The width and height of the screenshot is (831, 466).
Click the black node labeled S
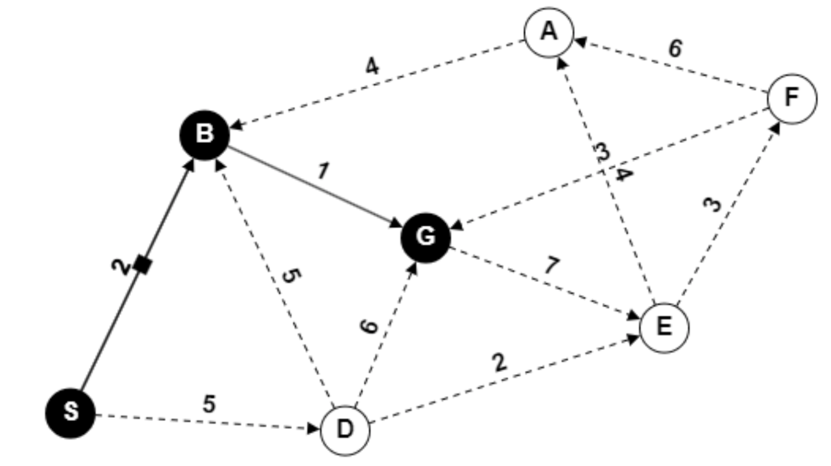click(70, 413)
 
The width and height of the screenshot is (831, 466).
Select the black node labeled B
click(205, 134)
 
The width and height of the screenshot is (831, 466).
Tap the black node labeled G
click(426, 238)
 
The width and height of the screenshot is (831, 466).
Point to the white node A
click(549, 33)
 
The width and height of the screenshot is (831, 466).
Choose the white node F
click(792, 99)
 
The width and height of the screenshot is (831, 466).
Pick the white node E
click(664, 327)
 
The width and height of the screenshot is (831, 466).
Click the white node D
click(345, 430)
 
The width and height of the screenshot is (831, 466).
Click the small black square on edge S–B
click(144, 265)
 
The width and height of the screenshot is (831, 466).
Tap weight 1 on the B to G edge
click(323, 171)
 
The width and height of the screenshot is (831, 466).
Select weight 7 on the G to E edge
click(551, 265)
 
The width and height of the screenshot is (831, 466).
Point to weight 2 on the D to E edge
click(499, 362)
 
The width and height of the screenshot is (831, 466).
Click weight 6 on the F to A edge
click(675, 48)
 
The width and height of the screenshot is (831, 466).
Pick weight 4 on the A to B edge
click(371, 67)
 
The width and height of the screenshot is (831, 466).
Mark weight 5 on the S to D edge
click(209, 404)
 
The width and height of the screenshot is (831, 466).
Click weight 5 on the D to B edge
click(291, 275)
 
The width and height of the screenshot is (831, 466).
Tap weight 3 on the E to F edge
click(712, 205)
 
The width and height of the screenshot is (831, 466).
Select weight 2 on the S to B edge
click(121, 267)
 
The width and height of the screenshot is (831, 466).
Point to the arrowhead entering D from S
click(313, 428)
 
